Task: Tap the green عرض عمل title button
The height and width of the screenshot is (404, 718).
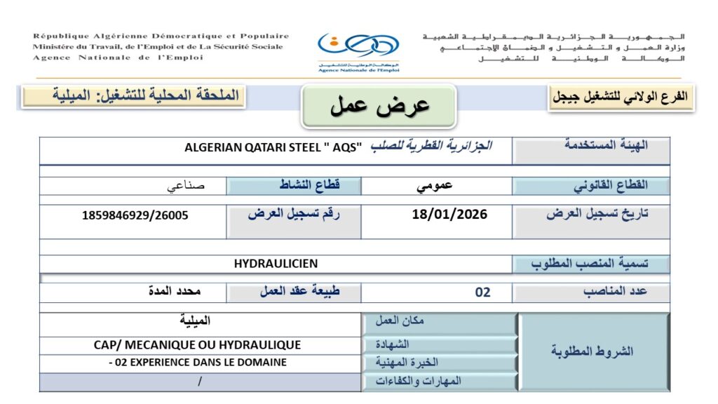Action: pos(379,106)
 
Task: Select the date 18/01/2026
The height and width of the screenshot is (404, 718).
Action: pos(449,214)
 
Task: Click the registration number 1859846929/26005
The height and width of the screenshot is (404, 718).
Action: pos(135,215)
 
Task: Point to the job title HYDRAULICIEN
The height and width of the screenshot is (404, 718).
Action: pos(276,264)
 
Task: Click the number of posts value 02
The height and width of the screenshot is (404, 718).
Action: pos(482,292)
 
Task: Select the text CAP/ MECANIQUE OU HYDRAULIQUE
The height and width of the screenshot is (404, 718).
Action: pos(197,345)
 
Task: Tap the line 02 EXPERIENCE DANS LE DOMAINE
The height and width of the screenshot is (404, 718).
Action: pos(198,363)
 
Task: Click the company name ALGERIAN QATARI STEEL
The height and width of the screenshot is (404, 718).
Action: pos(273,147)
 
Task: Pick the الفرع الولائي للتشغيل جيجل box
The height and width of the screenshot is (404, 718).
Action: pos(622,97)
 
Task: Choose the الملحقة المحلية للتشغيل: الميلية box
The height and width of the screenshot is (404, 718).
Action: pos(133,95)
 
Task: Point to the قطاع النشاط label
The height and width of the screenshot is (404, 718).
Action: pos(294,186)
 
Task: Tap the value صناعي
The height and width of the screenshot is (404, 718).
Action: pos(186,187)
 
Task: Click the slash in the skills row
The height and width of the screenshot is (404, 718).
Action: pos(200,382)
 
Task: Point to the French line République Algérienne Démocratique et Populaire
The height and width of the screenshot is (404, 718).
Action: pos(161,36)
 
